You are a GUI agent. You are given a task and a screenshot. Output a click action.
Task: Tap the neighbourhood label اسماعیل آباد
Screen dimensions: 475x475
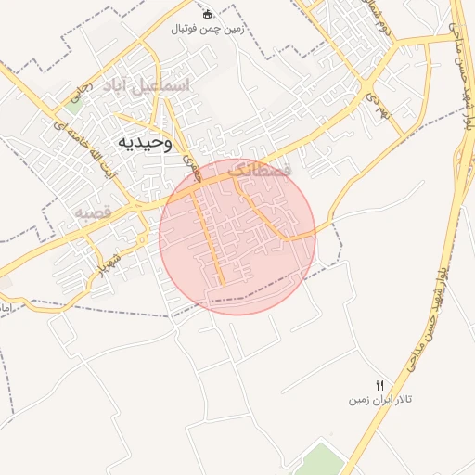click(147, 86)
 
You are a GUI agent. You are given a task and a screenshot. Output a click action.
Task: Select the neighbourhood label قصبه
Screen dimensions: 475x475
click(93, 212)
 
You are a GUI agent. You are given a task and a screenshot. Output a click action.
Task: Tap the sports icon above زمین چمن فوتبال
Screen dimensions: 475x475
click(207, 13)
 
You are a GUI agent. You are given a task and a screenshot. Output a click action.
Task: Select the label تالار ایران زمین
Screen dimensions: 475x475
click(379, 401)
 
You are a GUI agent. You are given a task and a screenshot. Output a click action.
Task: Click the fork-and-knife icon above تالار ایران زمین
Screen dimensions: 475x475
click(379, 385)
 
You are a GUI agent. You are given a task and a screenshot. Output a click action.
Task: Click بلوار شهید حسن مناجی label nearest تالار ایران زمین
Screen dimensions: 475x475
click(431, 315)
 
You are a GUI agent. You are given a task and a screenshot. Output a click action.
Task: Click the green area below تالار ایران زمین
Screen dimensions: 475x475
click(320, 459)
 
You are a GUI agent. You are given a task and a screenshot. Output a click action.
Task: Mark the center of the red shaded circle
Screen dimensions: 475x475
click(237, 237)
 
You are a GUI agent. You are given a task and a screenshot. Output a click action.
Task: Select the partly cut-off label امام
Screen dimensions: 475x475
click(5, 305)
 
